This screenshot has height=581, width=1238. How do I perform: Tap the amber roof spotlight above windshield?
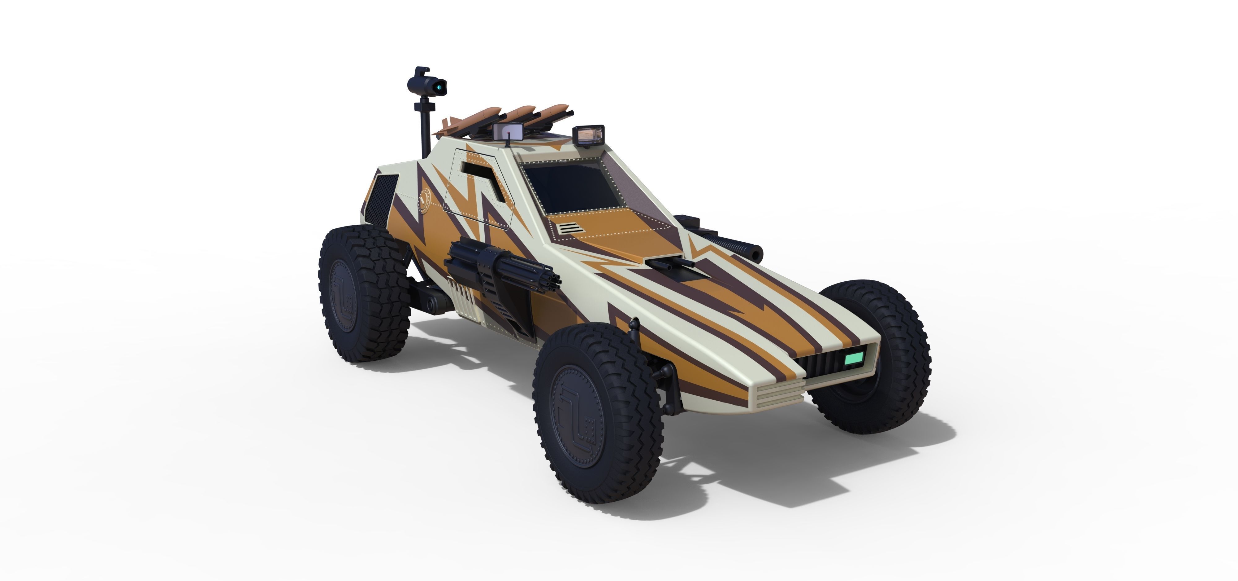coord(588,135)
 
